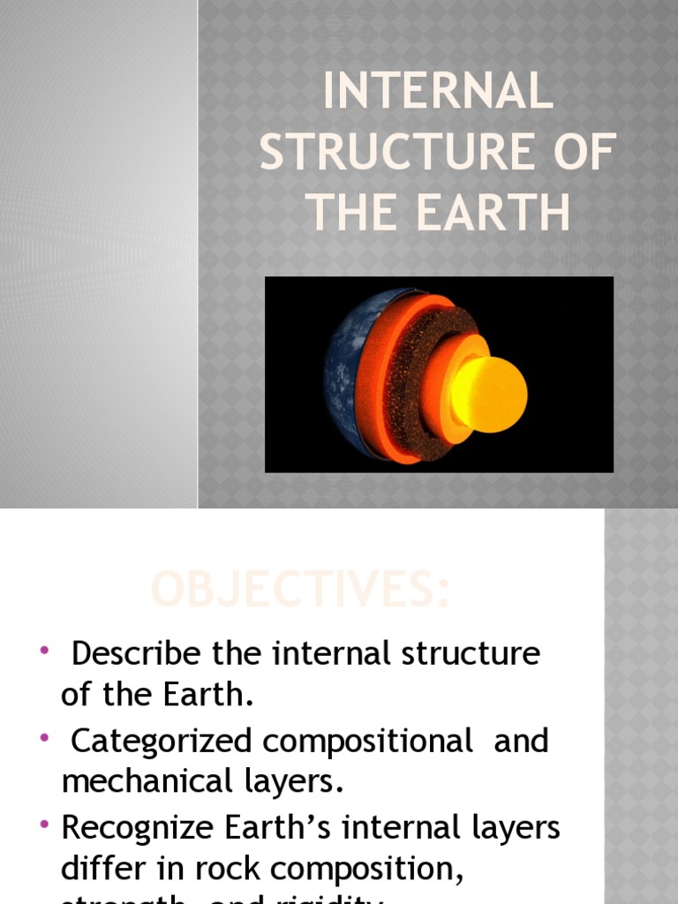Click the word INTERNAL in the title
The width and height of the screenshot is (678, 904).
coord(438,94)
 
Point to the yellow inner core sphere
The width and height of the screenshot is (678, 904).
coord(491,393)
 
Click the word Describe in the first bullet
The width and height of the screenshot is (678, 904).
coord(137,654)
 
